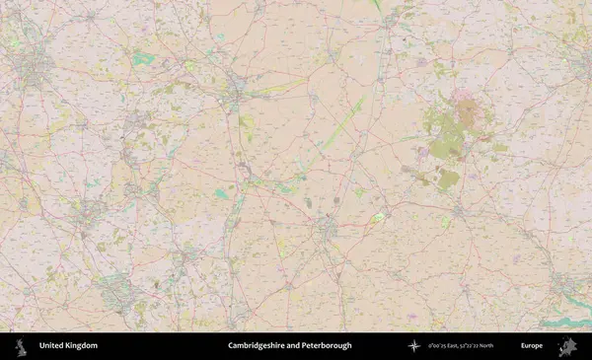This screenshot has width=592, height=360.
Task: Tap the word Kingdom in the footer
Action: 81,346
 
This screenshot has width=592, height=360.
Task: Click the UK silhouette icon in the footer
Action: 20,346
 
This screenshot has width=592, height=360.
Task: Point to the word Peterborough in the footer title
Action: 328,346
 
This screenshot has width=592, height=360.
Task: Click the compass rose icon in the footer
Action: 414,346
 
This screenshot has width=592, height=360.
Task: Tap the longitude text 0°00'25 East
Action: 447,346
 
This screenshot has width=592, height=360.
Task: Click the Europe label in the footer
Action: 532,346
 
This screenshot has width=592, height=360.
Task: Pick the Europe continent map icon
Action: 567,346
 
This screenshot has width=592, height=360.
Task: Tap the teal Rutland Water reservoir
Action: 144,59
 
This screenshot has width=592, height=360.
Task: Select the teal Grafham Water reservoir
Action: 221,193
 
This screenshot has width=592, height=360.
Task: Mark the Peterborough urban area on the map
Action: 234,94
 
